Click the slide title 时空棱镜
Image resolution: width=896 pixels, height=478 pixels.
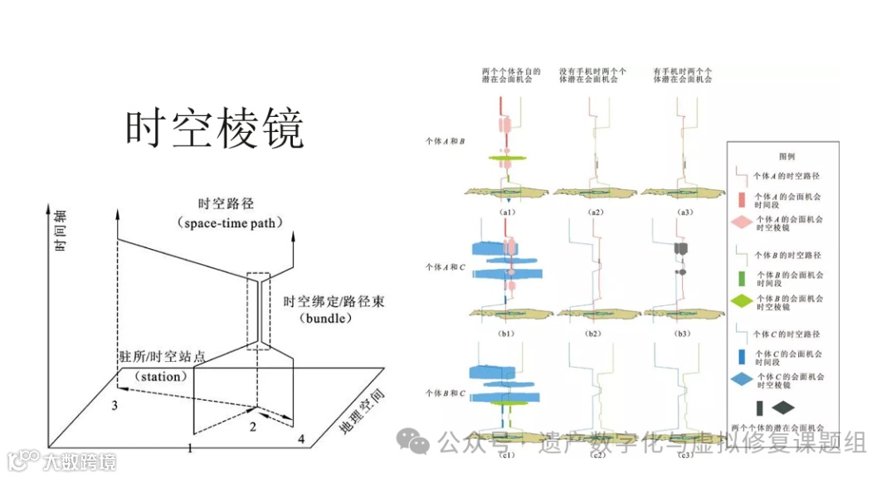click(215, 129)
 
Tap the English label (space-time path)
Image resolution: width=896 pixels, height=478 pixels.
click(230, 223)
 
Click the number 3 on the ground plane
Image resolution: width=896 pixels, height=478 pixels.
click(115, 405)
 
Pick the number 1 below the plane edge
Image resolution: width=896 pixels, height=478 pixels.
click(190, 449)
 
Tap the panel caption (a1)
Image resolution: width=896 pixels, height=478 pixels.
click(509, 212)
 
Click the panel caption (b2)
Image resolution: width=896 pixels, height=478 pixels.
click(595, 333)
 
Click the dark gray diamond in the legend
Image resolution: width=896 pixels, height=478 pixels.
click(783, 407)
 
